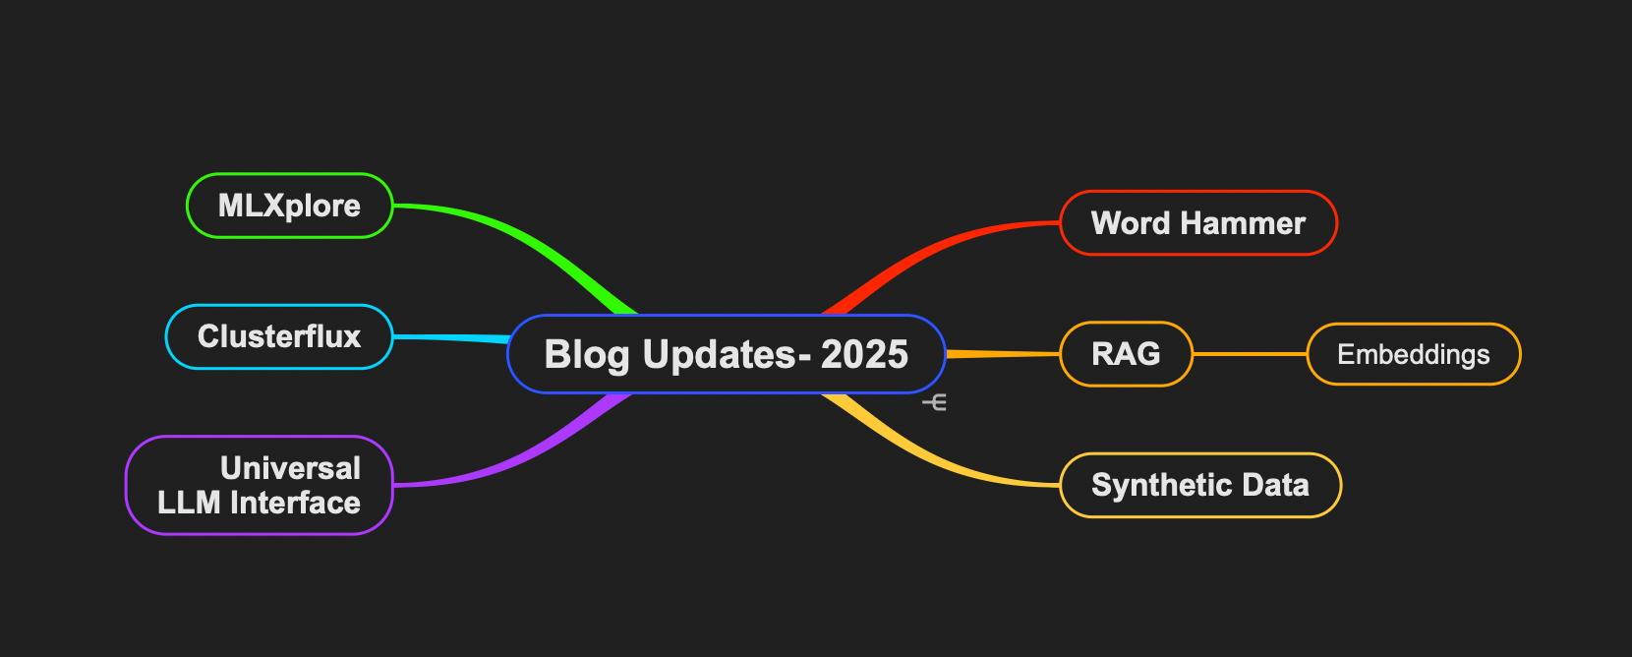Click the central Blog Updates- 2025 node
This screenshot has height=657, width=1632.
click(726, 354)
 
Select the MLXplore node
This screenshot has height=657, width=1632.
click(289, 206)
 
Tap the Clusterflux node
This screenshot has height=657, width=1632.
click(279, 336)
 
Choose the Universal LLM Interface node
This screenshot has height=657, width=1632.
click(260, 485)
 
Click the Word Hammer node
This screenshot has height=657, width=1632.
click(1198, 223)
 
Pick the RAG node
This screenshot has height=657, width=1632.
click(1126, 354)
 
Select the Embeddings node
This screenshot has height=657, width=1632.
click(1413, 354)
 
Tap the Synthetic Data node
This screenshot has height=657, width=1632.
click(1199, 485)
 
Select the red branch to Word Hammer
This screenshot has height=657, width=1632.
click(934, 246)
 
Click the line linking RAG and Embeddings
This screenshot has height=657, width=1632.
click(1249, 354)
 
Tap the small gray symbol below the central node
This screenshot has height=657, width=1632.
click(935, 402)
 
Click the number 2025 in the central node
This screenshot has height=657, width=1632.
click(864, 354)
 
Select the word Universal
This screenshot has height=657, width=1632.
click(290, 468)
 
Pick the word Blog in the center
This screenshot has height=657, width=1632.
click(587, 354)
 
